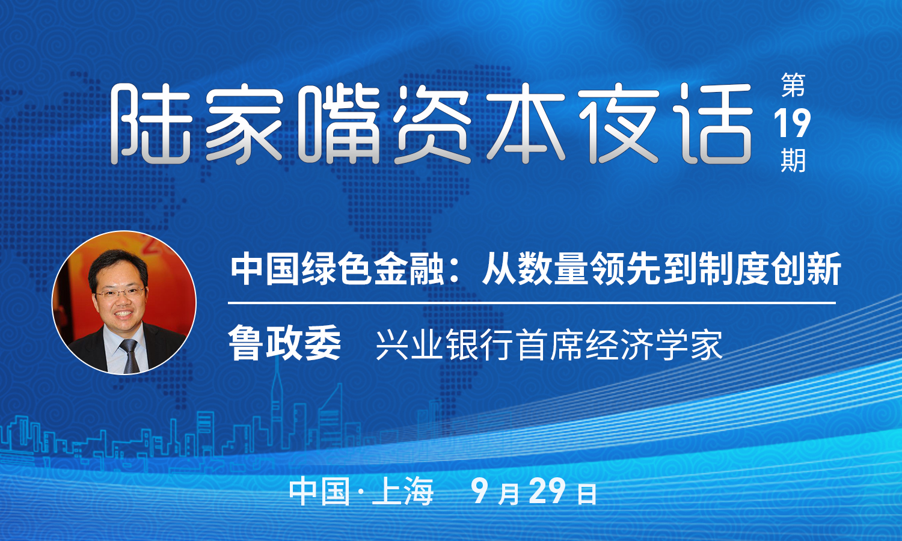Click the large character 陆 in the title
pos(150,124)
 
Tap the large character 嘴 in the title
pos(339,124)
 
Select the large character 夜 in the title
pos(619,124)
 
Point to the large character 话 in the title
pos(711,124)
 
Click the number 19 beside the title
pos(792,124)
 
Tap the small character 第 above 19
pos(793,85)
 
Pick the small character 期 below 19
pos(793,160)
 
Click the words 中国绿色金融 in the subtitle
pos(337,269)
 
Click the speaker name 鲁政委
pos(284,343)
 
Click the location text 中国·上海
pos(361,492)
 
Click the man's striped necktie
pos(130,356)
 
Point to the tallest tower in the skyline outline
pos(277,403)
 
